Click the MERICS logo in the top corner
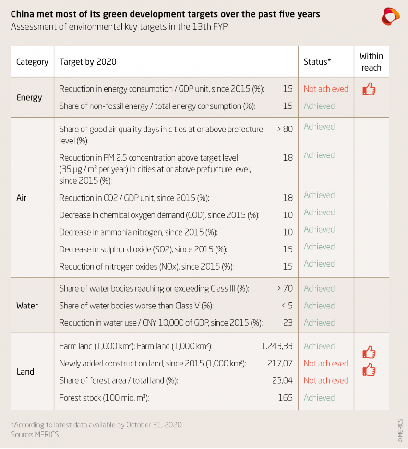pos(390,16)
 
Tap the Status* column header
pos(317,62)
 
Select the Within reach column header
pos(371,62)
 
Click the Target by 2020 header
pos(88,62)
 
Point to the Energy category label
pos(29,97)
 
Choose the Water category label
pos(27,306)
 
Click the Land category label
pos(25,372)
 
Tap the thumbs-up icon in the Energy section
pos(369,89)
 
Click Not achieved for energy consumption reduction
pos(326,89)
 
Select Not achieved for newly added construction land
pos(326,363)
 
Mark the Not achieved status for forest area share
pos(326,380)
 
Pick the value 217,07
pos(280,363)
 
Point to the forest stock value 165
pos(285,398)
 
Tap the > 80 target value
pos(285,129)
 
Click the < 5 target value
pos(285,306)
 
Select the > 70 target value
pos(285,288)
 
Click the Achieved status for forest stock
pos(319,398)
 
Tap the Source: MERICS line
pos(35,434)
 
